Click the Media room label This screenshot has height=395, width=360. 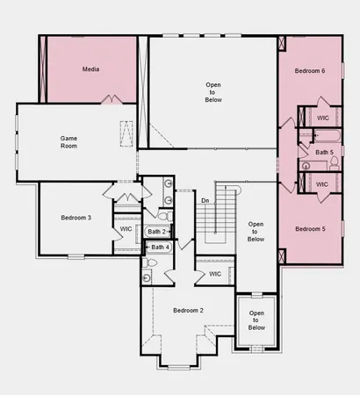point(90,68)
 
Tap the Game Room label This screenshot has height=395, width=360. point(69,143)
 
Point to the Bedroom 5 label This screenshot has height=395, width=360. point(309,229)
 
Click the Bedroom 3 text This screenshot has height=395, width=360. point(76,217)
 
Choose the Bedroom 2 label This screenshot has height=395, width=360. point(188,311)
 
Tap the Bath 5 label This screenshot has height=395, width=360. point(324,152)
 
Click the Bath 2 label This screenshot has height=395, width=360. point(158,232)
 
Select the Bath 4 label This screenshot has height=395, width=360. point(158,248)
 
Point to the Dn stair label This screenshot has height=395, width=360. point(205,201)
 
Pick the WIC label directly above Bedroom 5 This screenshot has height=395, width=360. point(321,184)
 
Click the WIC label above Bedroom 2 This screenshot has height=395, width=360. point(215,274)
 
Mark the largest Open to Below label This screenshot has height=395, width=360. point(213,92)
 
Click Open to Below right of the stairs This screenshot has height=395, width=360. point(256,232)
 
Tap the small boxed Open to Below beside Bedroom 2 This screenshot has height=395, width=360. point(256,320)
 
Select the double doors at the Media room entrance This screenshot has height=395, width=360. point(111,99)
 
